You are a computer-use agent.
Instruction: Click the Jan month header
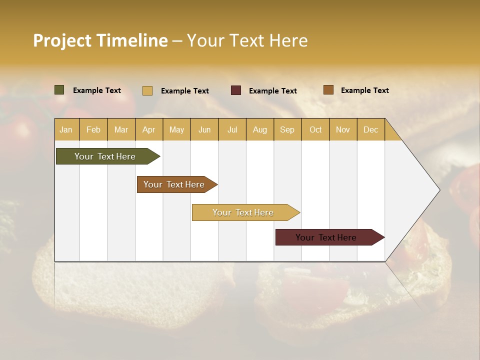tap(66, 129)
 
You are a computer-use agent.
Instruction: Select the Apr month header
tap(148, 129)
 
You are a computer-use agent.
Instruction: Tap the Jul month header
tap(232, 129)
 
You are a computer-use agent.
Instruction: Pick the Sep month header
tap(287, 129)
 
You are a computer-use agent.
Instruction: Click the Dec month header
tap(370, 129)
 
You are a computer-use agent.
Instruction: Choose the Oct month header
tap(315, 129)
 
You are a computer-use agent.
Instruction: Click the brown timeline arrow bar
tap(175, 184)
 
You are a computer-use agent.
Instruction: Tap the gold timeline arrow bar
tap(243, 212)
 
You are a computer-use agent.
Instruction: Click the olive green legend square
tap(59, 90)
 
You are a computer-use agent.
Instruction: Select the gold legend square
tap(147, 90)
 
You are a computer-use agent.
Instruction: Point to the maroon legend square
tap(236, 90)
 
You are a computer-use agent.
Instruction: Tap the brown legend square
tap(328, 90)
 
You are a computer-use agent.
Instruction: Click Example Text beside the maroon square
tap(273, 91)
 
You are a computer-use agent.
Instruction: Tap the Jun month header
tap(204, 129)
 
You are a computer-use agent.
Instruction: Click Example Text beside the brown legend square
tap(365, 90)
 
